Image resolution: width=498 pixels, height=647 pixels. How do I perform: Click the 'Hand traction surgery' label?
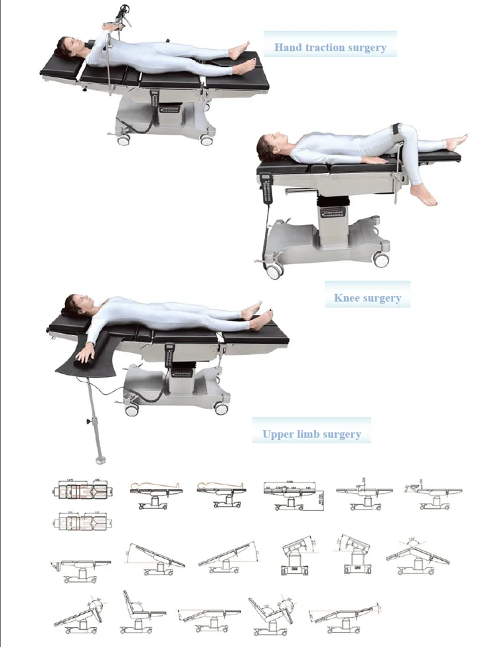coord(330,47)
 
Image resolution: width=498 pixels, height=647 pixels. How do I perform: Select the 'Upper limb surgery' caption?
coord(311,435)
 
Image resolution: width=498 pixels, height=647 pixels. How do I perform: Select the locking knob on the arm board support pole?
coord(87,422)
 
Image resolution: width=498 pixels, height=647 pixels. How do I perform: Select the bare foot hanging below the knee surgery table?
coord(423,195)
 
